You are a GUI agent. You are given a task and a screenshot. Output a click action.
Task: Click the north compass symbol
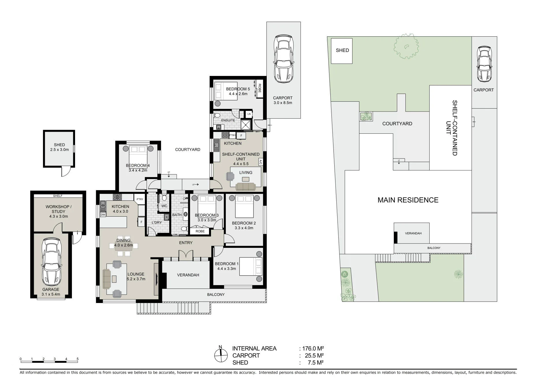[x=221, y=354]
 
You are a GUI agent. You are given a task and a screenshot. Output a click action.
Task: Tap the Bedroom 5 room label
[x=238, y=89]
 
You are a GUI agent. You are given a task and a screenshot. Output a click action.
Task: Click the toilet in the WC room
[x=164, y=198]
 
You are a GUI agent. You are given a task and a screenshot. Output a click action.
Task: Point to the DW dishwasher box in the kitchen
[x=103, y=215]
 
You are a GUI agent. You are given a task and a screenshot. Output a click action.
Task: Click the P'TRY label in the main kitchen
[x=140, y=199]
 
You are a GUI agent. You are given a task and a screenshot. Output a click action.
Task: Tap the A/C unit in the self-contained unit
[x=260, y=162]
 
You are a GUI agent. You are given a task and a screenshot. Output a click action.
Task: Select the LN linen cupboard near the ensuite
[x=249, y=114]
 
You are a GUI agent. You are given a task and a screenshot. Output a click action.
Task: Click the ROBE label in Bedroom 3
[x=200, y=231]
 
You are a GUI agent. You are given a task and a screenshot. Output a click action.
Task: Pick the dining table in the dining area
[x=124, y=246]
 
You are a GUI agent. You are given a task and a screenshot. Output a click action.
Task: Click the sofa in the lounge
[x=107, y=279]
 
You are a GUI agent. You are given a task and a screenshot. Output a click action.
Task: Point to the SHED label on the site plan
[x=342, y=50]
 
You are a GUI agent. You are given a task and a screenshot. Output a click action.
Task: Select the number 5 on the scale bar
[x=78, y=359]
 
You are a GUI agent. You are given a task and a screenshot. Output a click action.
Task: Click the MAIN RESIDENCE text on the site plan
[x=408, y=200]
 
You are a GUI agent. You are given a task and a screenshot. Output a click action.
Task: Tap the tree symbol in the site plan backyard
[x=406, y=46]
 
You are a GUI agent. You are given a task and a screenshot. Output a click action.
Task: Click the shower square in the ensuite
[x=246, y=125]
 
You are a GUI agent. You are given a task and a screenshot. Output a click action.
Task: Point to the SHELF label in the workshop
[x=58, y=196]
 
